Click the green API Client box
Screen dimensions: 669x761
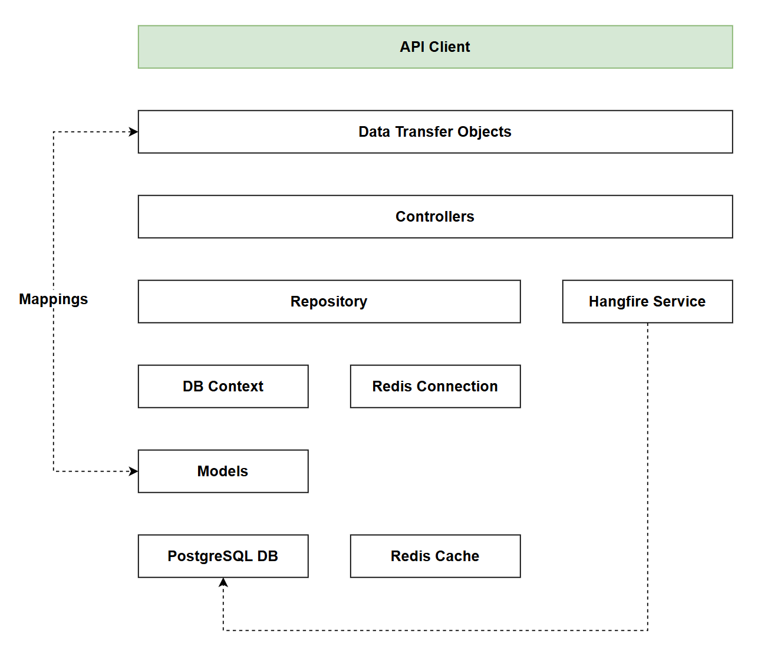point(435,47)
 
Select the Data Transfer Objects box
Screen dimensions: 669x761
point(435,132)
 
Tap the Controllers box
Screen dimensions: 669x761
point(435,217)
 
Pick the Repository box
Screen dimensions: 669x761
point(329,302)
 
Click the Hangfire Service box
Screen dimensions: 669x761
point(647,302)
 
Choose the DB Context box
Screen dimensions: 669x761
point(223,387)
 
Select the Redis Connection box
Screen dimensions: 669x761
point(435,387)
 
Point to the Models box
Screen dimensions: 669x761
point(223,472)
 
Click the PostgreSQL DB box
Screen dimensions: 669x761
point(223,556)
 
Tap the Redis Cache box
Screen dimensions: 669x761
point(435,556)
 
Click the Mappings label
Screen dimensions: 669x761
point(53,299)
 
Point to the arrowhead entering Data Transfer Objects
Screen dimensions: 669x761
point(134,132)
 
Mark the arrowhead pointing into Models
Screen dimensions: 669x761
point(134,472)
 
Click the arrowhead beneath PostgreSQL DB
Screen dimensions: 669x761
point(223,582)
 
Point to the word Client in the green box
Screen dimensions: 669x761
point(451,47)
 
